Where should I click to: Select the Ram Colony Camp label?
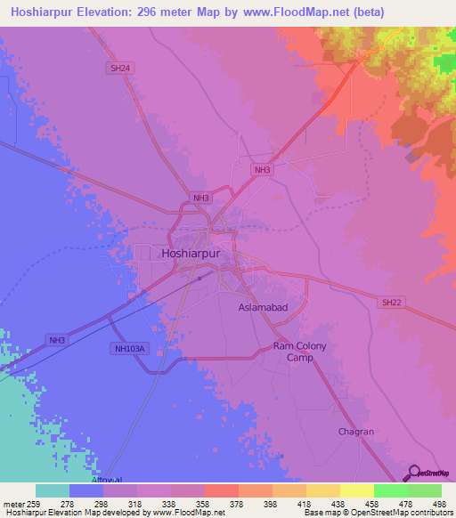(x=300, y=352)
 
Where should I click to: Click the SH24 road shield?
(x=118, y=67)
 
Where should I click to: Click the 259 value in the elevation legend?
(x=36, y=504)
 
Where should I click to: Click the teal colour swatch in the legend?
(x=53, y=490)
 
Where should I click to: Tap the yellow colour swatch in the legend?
(x=357, y=490)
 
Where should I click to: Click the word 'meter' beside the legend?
(x=14, y=504)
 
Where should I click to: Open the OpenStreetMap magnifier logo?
(x=413, y=473)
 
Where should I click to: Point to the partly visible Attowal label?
(x=105, y=479)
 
